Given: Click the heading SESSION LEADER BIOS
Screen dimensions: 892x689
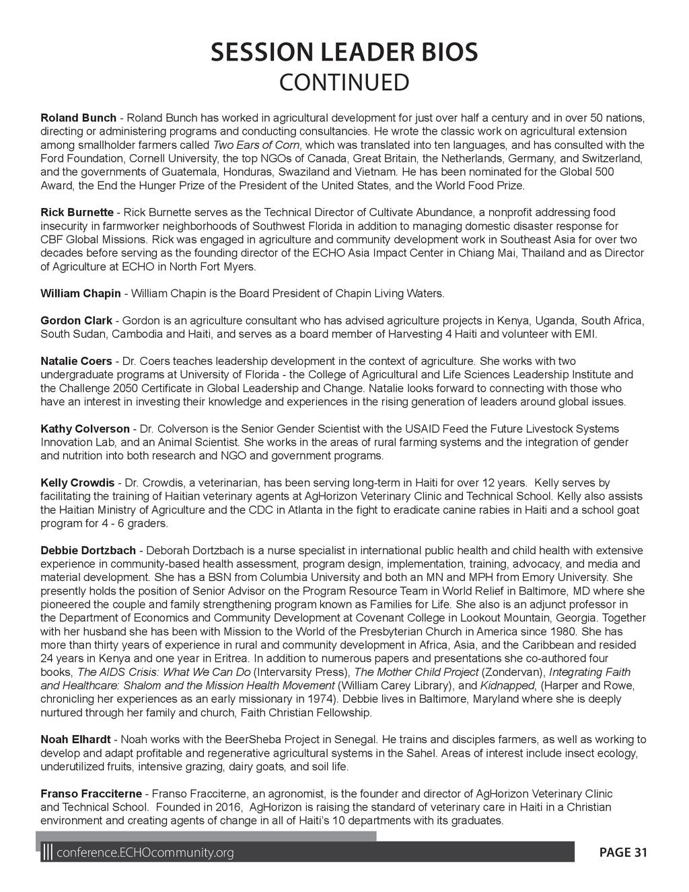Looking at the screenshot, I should pyautogui.click(x=344, y=52).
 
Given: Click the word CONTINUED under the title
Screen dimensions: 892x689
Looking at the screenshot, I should pyautogui.click(x=344, y=83).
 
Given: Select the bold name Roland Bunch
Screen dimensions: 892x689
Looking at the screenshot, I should pyautogui.click(x=78, y=118).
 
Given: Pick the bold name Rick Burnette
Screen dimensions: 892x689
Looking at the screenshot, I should pyautogui.click(x=77, y=213).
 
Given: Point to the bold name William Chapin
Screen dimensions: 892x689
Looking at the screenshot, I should pyautogui.click(x=81, y=294).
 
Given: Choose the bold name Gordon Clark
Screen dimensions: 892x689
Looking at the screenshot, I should pyautogui.click(x=76, y=320).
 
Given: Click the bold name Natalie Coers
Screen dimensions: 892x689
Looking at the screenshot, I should pyautogui.click(x=76, y=362).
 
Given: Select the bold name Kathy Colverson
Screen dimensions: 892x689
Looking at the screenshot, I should pyautogui.click(x=85, y=429).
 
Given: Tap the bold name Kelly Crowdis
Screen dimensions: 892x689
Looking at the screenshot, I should pyautogui.click(x=77, y=483).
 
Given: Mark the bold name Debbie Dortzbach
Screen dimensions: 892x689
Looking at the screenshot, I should pyautogui.click(x=88, y=551).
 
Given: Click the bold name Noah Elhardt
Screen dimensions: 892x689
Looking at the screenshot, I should pyautogui.click(x=76, y=740).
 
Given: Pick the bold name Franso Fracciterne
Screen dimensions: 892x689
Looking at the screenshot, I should pyautogui.click(x=91, y=794).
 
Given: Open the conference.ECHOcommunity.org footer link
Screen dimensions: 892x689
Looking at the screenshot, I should pyautogui.click(x=146, y=853).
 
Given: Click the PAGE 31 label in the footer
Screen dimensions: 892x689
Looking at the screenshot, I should pyautogui.click(x=623, y=853).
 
